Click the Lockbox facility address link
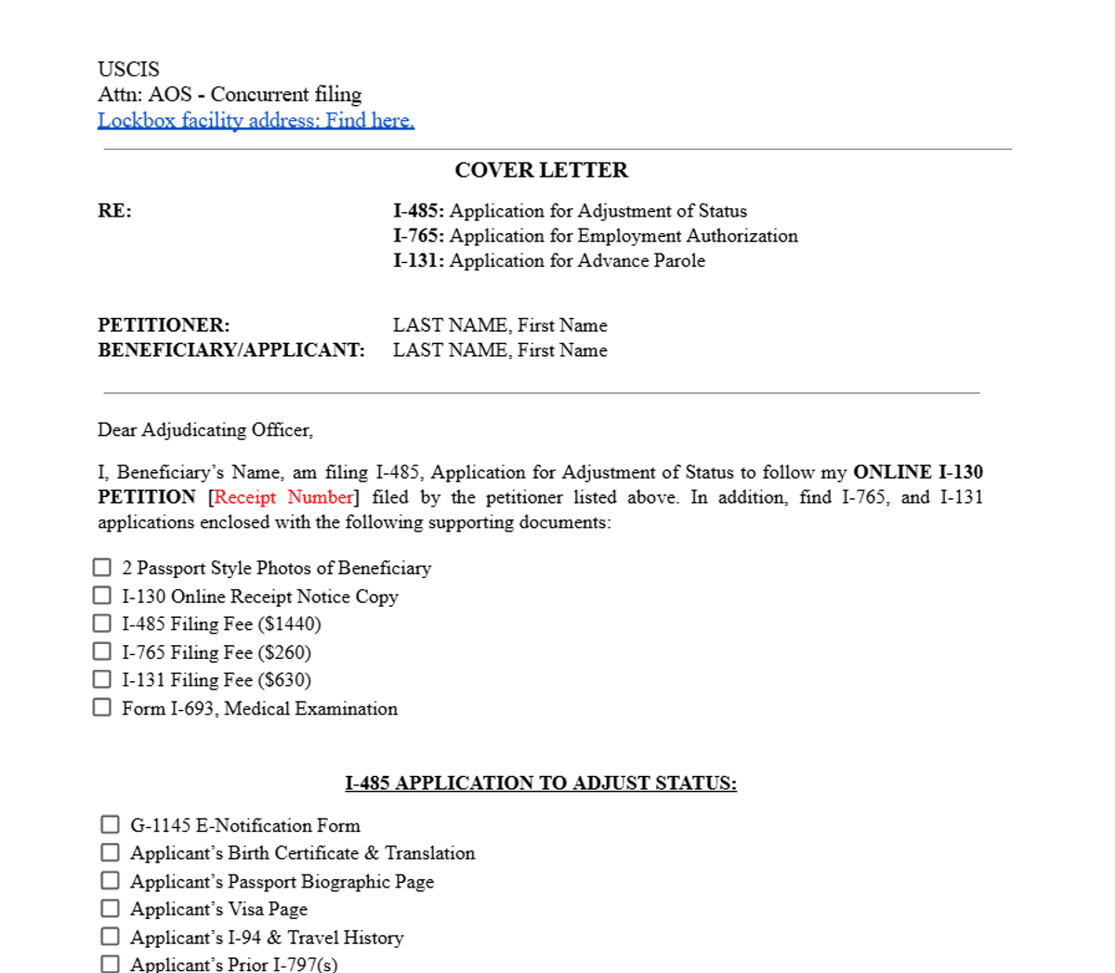pos(256,121)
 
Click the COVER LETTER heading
pos(541,170)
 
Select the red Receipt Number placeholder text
pos(283,497)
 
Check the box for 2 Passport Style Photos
pos(102,567)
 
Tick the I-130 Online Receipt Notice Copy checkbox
pos(102,595)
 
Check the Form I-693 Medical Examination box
pos(102,707)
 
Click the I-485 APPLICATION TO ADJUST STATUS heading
pos(541,783)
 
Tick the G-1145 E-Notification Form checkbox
pos(111,824)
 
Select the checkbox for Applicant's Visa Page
pos(111,908)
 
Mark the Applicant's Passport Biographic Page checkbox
pos(111,880)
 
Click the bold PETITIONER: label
pos(164,325)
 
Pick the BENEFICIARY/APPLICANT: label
pos(231,350)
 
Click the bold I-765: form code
pos(418,236)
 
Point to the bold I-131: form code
pos(418,261)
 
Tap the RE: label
pos(115,211)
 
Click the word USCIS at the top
pos(128,70)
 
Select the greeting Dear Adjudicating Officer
pos(205,430)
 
